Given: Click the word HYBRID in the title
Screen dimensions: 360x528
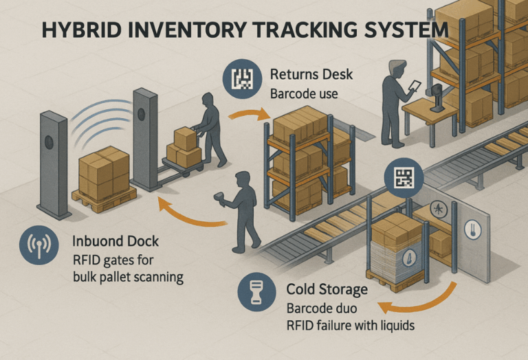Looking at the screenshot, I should coord(75,32).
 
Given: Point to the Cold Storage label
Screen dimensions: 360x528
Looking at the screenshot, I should coord(327,290).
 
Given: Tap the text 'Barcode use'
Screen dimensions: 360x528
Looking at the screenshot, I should coord(304,93).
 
